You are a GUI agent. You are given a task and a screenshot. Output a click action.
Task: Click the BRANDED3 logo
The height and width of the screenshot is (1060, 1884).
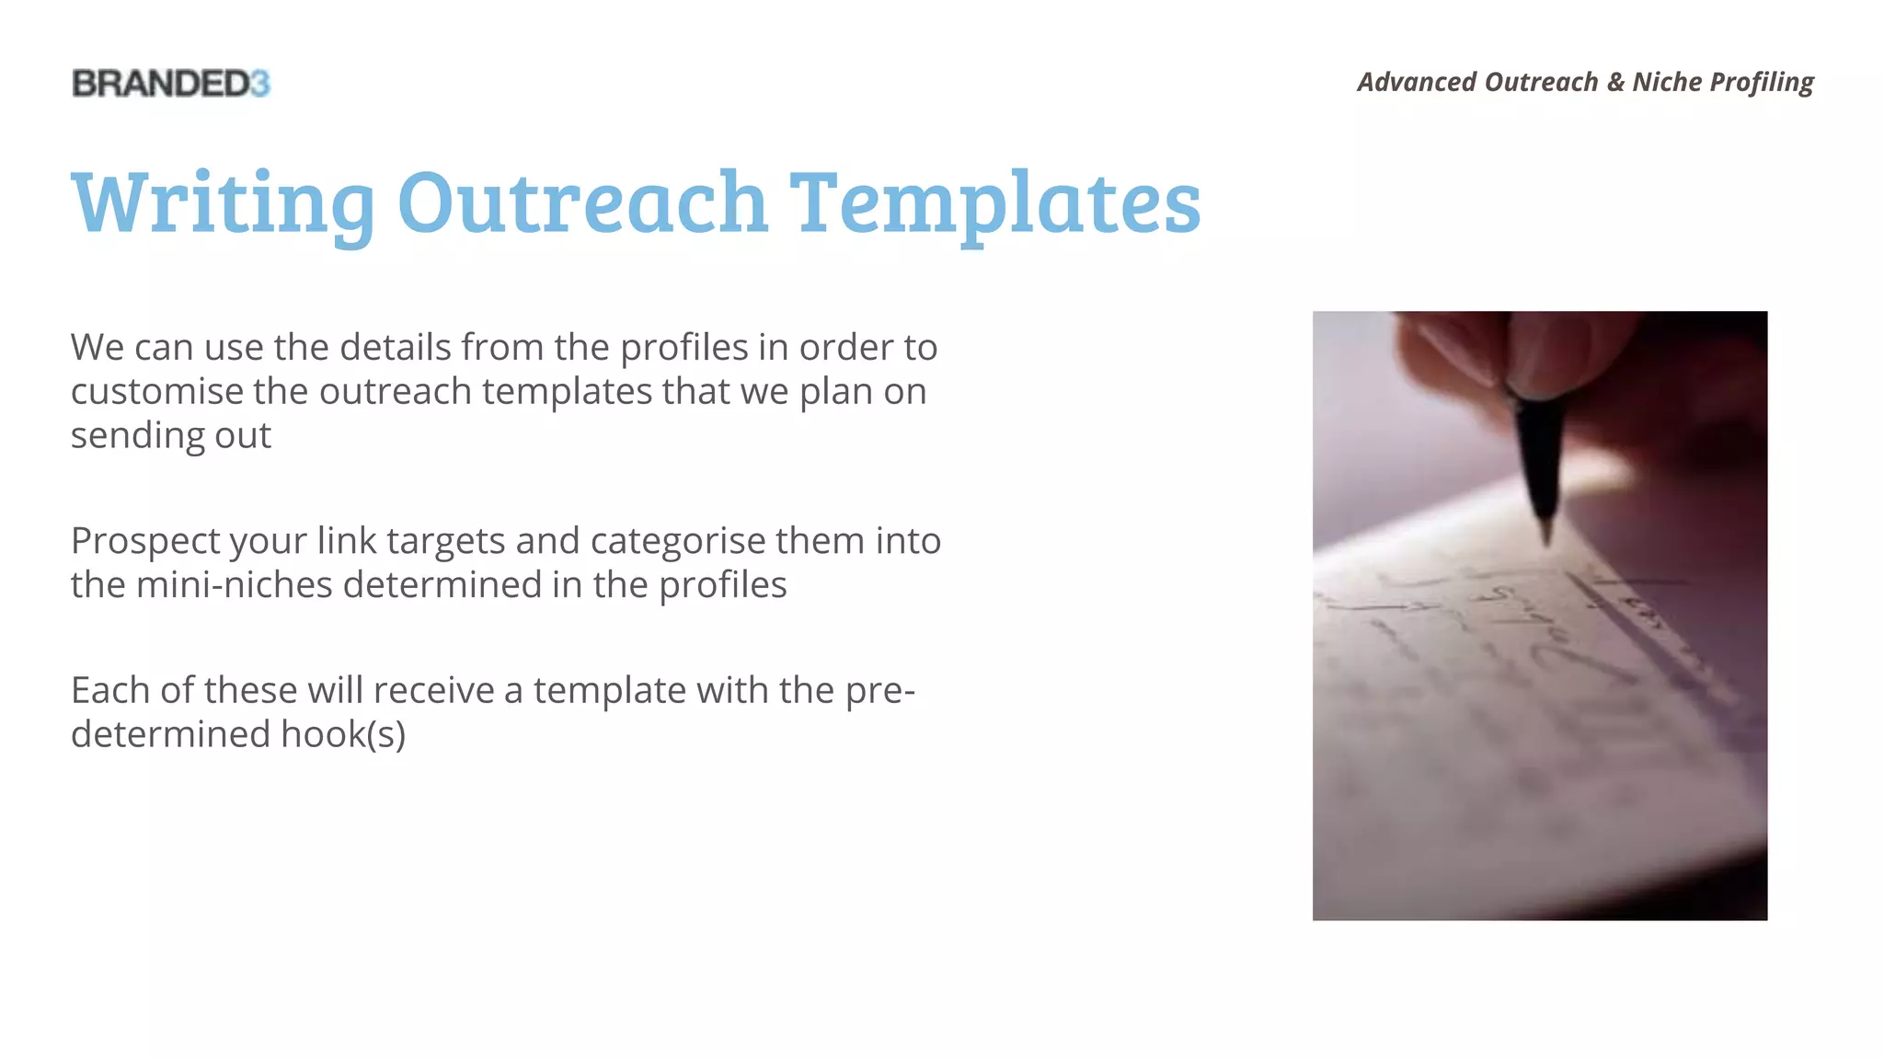pos(171,84)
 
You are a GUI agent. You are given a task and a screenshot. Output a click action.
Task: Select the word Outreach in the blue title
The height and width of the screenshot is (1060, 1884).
pos(582,202)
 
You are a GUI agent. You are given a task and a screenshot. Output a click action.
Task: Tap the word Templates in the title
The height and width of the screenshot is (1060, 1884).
pos(995,203)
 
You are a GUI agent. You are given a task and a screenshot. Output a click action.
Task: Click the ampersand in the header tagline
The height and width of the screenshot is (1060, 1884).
pos(1615,82)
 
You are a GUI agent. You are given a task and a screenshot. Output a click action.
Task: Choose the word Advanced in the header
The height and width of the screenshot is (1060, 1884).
pos(1417,82)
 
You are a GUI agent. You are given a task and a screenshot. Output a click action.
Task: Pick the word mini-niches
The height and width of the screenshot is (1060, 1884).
pos(235,585)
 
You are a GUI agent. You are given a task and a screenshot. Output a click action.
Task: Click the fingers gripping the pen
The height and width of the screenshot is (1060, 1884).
pos(1509,351)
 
